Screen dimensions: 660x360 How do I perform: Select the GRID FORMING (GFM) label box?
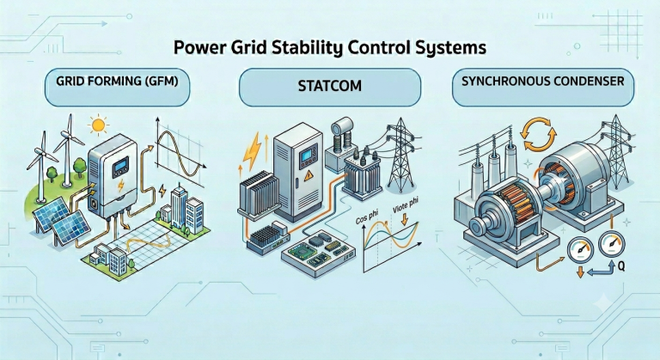tap(117, 88)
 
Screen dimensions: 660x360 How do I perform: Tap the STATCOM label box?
tap(330, 88)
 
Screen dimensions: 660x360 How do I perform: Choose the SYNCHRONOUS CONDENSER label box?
tap(542, 88)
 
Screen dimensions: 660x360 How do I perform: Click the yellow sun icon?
tap(99, 125)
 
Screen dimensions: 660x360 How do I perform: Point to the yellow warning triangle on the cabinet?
tap(309, 175)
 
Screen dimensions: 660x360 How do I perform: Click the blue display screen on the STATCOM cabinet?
tap(308, 156)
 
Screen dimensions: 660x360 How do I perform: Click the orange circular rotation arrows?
tap(535, 134)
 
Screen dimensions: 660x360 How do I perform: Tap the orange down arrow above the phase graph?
tap(405, 220)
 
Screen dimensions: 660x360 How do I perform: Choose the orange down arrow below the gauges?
tap(579, 272)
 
